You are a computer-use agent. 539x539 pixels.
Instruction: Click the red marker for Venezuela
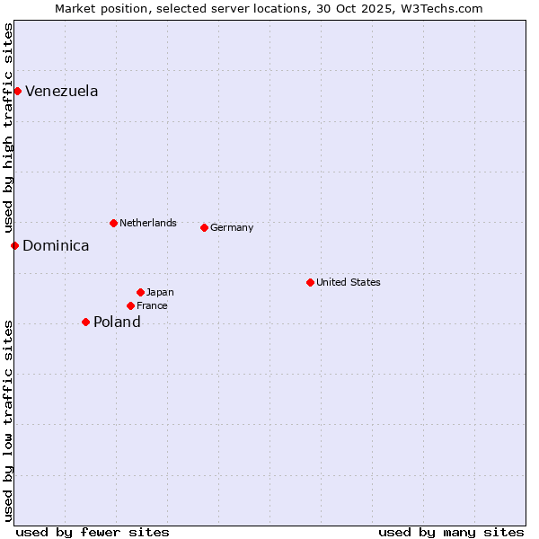pos(17,91)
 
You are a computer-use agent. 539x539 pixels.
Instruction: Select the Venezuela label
pos(62,92)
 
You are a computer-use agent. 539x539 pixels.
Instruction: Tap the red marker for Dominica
pos(14,245)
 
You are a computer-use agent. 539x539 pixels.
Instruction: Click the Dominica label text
pos(56,246)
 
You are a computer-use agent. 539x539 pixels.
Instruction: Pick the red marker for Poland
pos(85,322)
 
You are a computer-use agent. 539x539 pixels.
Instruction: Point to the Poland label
pos(117,323)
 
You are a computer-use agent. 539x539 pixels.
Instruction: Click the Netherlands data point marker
pos(113,223)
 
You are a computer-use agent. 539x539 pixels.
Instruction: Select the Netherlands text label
pos(148,223)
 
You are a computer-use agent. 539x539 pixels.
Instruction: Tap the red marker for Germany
pos(204,227)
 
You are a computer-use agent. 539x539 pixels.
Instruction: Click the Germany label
pos(232,228)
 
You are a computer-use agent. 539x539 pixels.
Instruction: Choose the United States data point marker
pos(310,282)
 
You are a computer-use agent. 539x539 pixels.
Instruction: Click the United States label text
pos(349,282)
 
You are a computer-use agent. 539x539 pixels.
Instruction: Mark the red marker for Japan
pos(140,292)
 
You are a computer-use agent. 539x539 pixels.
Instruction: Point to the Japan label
pos(160,293)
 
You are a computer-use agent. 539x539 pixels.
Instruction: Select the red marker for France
pos(130,305)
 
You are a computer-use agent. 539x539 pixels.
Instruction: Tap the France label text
pos(152,306)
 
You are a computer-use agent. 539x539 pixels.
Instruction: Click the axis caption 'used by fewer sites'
pos(93,532)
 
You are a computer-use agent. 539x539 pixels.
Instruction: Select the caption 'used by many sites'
pos(451,532)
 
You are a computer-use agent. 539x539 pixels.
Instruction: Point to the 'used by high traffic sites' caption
pos(9,128)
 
